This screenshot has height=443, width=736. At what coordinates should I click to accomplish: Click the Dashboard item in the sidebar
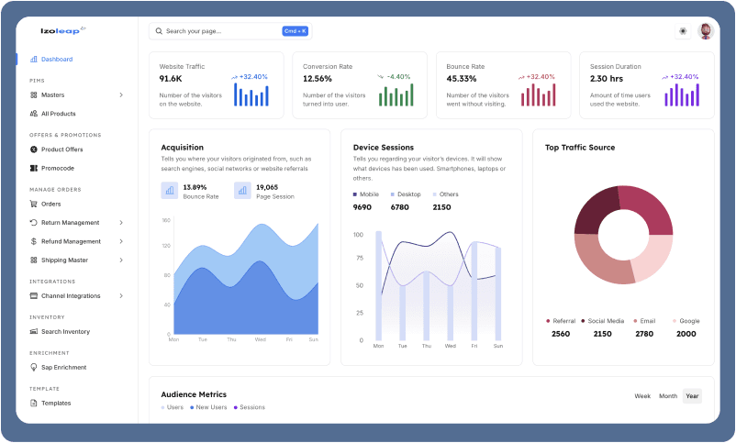pos(56,60)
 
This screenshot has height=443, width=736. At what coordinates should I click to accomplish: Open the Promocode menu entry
pos(57,168)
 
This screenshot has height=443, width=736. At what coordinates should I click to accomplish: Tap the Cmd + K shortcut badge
pos(295,31)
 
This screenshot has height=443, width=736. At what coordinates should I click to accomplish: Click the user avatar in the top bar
pos(705,31)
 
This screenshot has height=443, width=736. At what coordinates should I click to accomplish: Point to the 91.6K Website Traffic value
pos(171,79)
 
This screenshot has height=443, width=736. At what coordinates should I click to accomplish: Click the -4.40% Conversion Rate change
pos(398,77)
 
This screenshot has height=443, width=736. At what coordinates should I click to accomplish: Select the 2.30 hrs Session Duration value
pos(606,79)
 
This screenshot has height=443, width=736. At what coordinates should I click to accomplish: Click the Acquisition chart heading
pos(182,147)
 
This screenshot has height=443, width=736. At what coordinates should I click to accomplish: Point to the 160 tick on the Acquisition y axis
pos(167,221)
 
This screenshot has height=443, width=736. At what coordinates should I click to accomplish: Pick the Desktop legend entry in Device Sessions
pos(408,194)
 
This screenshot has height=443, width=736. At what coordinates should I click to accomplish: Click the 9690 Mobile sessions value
pos(362,207)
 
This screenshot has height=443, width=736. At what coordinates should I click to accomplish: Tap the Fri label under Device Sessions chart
pos(474,346)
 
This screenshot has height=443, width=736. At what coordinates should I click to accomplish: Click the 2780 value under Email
pos(644,334)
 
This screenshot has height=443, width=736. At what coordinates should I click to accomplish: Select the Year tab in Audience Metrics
pos(692,396)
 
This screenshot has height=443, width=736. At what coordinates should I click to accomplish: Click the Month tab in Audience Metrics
pos(668,396)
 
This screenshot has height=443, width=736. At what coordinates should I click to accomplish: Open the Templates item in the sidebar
pos(56,404)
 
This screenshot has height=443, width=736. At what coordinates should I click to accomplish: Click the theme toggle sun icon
pos(683,31)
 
